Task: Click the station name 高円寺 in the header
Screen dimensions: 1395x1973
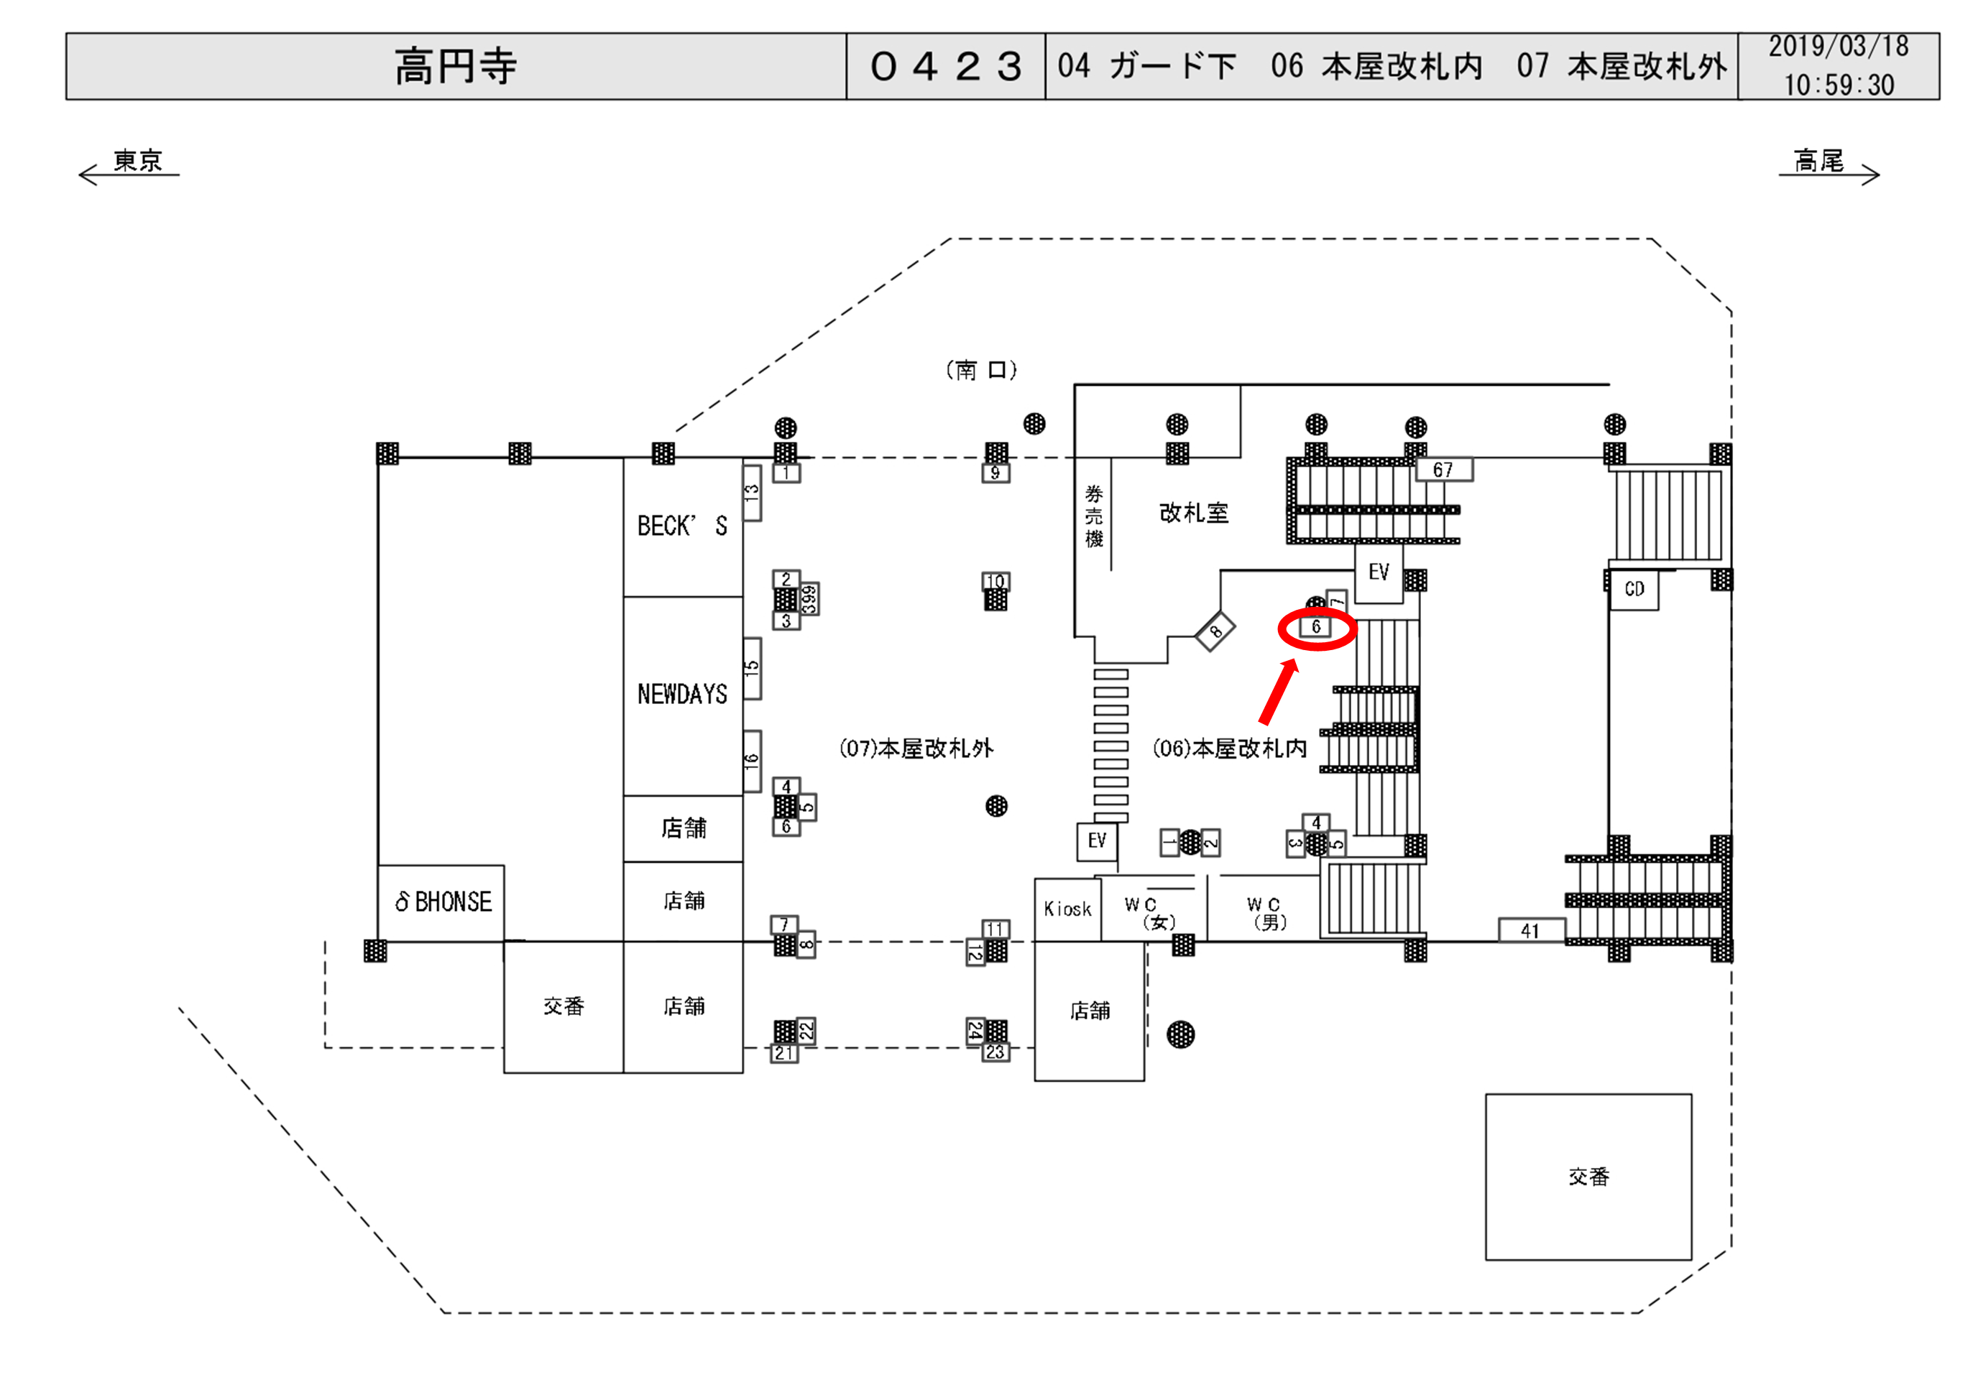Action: pos(456,66)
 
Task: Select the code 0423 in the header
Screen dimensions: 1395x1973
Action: pos(945,66)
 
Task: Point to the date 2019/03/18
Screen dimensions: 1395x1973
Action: pos(1838,47)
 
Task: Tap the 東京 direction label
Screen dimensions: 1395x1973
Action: pos(137,161)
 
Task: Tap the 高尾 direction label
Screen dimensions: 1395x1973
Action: pos(1818,161)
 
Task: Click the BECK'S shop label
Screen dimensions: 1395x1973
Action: pos(682,526)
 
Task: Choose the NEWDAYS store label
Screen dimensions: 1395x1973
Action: pos(682,694)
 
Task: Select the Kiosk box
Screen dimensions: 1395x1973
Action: pos(1067,909)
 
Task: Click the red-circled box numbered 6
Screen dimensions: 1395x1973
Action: pos(1315,627)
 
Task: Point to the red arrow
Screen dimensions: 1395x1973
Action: pos(1278,692)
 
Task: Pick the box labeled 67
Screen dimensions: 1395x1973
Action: pos(1443,470)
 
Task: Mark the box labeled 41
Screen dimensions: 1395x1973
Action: pos(1530,930)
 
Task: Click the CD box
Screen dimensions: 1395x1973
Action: pos(1634,589)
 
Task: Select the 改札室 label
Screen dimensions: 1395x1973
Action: pos(1194,513)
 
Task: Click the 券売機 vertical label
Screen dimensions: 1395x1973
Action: pos(1093,515)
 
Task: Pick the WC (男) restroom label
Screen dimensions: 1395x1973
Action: pos(1266,913)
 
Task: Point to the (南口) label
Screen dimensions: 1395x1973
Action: pos(981,370)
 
